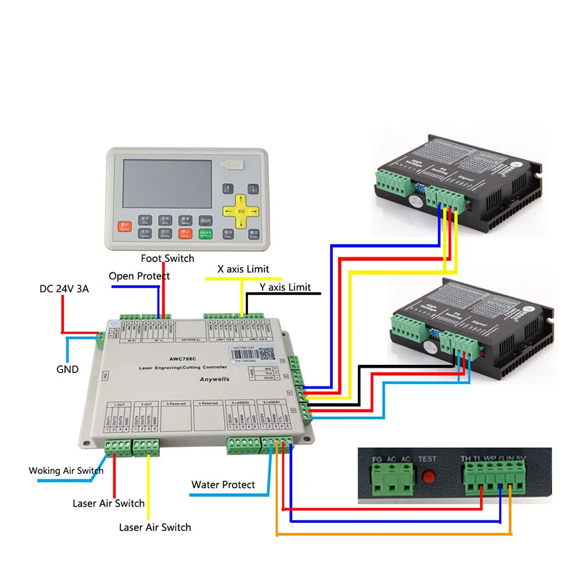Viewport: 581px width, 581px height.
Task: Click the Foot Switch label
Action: click(x=167, y=258)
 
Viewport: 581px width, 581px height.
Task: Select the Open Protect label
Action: click(x=139, y=276)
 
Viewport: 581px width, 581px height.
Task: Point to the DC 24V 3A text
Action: click(x=64, y=289)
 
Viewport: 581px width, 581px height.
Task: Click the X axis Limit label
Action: click(x=243, y=269)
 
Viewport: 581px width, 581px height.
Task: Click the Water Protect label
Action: click(x=223, y=485)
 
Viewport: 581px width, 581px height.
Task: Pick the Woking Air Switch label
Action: click(x=66, y=471)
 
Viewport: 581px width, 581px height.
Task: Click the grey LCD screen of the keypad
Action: click(x=159, y=184)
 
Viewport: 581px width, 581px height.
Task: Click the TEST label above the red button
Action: click(x=428, y=459)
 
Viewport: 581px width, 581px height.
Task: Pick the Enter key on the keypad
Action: click(x=253, y=234)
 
